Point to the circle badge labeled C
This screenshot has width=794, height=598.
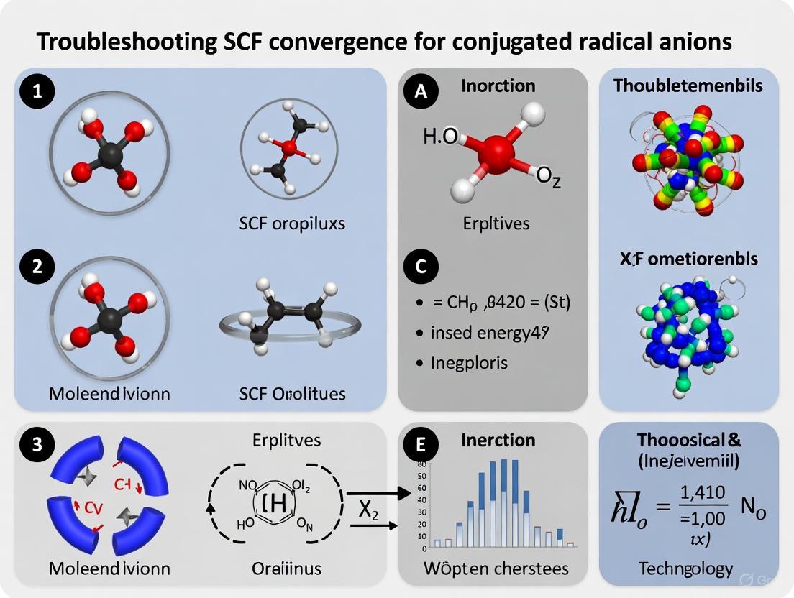coord(421,267)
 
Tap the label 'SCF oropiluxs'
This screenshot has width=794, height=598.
coord(292,224)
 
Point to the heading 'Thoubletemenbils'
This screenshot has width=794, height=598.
coord(688,86)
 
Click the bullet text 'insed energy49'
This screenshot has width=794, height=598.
coord(491,333)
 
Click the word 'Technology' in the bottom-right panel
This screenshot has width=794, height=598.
coord(685,569)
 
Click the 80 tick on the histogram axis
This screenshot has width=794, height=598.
coord(422,464)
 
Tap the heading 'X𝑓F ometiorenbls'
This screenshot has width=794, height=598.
coord(688,257)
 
